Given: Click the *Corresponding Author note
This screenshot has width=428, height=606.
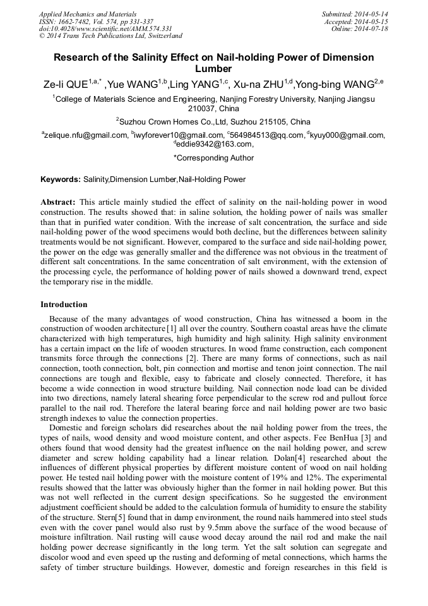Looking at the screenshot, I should [x=213, y=158].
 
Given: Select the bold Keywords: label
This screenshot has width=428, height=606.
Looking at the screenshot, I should [x=61, y=179].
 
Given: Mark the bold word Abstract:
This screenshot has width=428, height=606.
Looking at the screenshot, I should [x=58, y=202].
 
